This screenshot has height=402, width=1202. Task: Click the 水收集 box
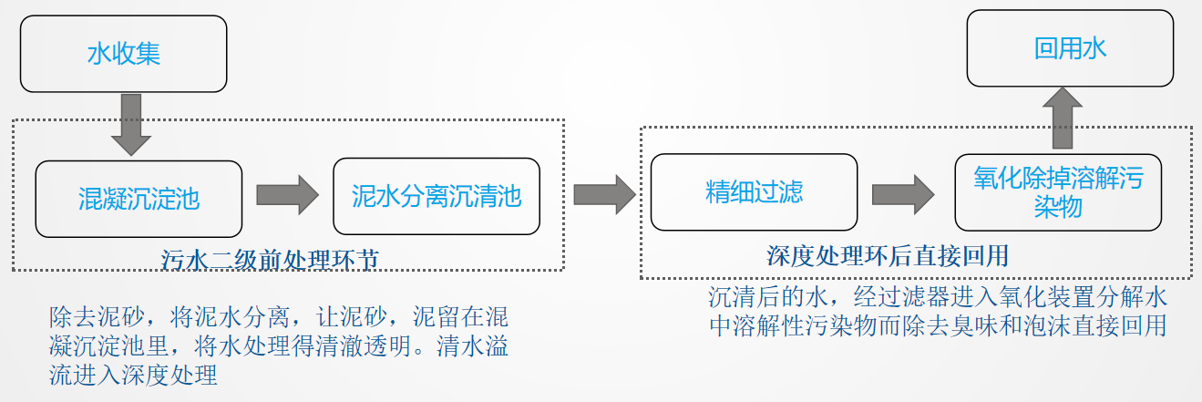click(x=123, y=54)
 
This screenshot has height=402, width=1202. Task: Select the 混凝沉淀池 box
click(x=139, y=199)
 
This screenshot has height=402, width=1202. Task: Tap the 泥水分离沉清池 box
click(x=437, y=196)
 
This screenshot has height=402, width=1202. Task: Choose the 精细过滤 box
click(x=754, y=192)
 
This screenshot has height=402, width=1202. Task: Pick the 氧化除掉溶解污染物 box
click(x=1058, y=192)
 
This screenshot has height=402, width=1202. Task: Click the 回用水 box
click(x=1070, y=48)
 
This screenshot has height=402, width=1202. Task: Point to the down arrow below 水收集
click(x=131, y=125)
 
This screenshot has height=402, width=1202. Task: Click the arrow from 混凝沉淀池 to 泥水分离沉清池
click(x=288, y=195)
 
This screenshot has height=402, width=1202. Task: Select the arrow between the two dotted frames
click(x=605, y=194)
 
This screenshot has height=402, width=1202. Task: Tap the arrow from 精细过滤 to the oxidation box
click(x=903, y=194)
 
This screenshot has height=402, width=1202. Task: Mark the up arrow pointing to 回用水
click(x=1063, y=119)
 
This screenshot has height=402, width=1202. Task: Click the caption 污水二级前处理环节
click(x=270, y=261)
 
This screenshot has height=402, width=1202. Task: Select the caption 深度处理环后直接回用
click(x=888, y=256)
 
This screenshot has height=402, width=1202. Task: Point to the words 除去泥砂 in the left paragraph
click(x=97, y=317)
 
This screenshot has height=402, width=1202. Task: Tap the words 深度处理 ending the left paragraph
click(x=170, y=376)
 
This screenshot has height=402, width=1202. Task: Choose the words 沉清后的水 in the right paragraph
click(x=768, y=297)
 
